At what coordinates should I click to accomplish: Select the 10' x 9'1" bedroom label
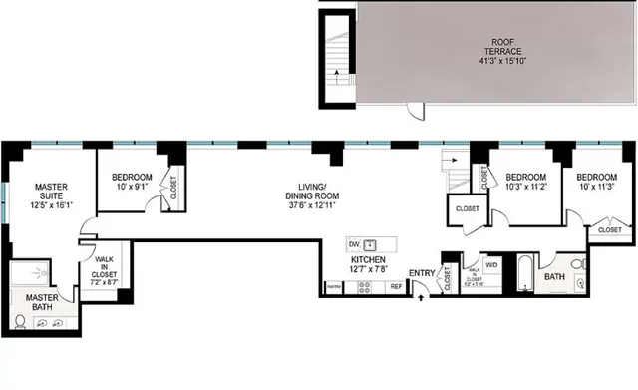pos(131,184)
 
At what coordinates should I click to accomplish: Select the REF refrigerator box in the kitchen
pos(396,287)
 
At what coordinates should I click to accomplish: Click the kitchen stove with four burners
pos(364,287)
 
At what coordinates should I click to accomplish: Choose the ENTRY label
pos(422,273)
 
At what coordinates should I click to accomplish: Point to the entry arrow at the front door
pos(420,293)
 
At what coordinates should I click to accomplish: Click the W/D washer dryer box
pos(491,265)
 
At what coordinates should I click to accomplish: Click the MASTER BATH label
pos(41,302)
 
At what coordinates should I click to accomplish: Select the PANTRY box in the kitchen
pos(334,287)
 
